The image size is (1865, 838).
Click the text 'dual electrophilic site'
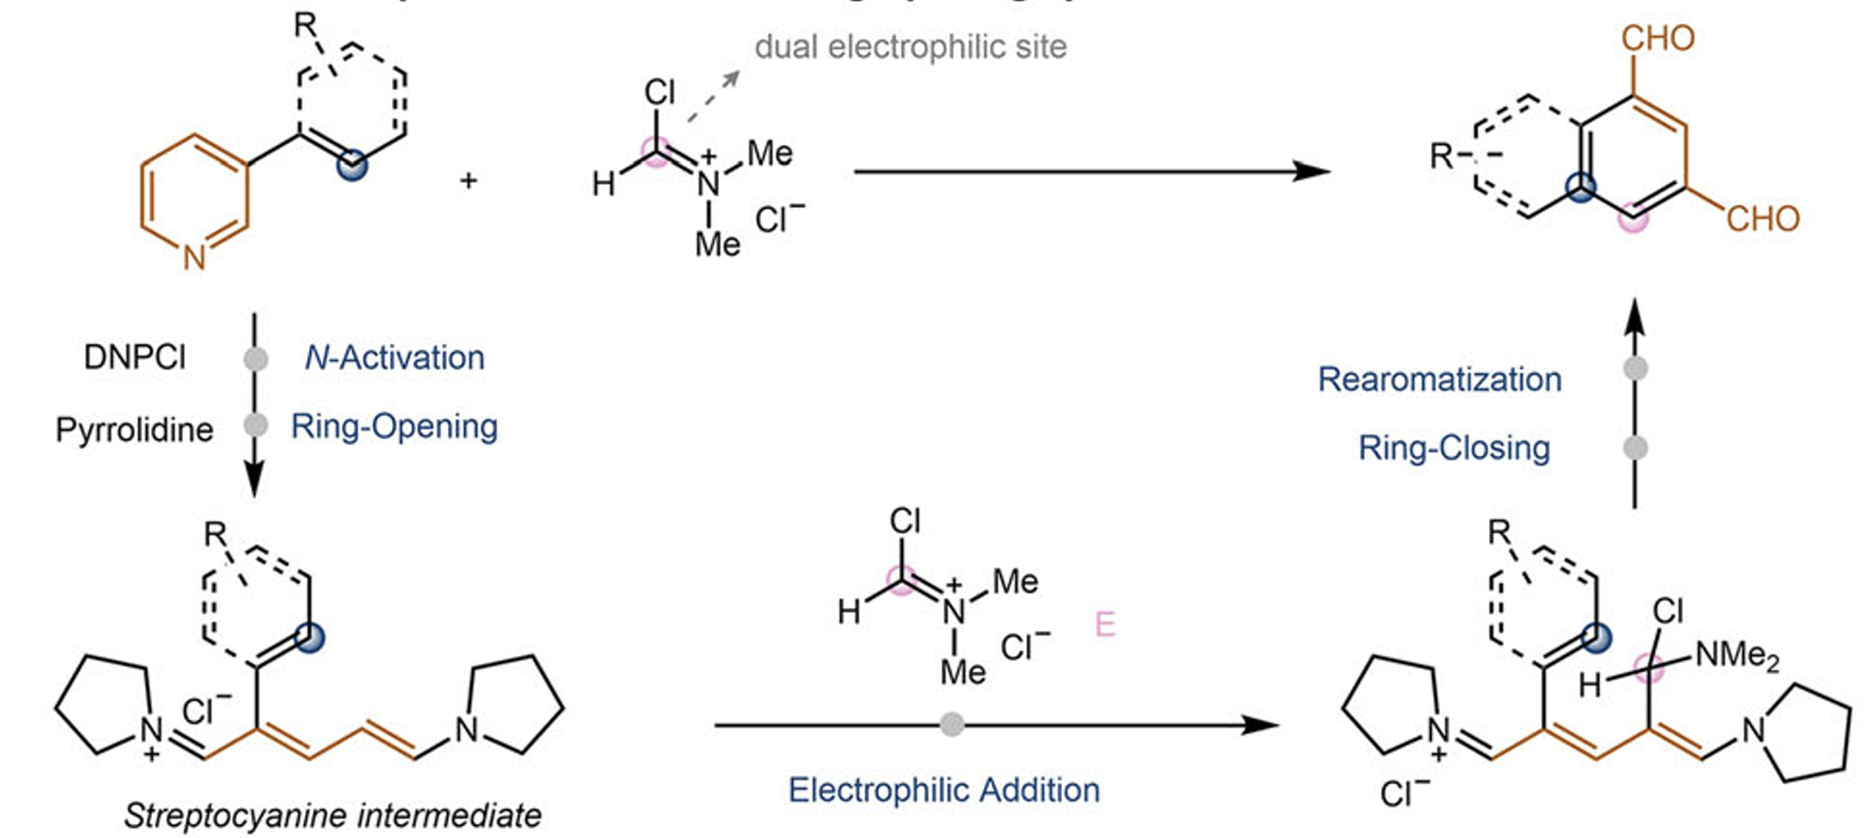click(910, 47)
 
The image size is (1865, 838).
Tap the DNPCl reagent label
click(135, 357)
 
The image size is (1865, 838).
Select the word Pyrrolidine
click(135, 430)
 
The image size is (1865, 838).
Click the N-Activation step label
click(395, 358)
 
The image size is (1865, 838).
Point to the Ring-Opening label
click(395, 427)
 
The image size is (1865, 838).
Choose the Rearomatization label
click(1439, 379)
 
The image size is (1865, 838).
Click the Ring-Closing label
click(1454, 448)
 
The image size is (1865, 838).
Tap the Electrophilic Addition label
click(944, 789)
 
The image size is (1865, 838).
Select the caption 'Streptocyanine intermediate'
click(333, 815)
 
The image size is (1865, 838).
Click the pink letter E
click(1105, 625)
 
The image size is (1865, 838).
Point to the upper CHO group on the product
click(1658, 38)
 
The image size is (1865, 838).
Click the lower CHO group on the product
click(1762, 219)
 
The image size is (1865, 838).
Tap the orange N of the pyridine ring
click(195, 258)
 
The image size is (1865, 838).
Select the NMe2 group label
click(1736, 656)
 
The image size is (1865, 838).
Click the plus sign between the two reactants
click(468, 181)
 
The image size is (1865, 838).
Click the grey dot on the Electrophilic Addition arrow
click(952, 725)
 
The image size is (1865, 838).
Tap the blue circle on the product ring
click(1581, 187)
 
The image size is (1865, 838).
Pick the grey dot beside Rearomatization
click(1636, 369)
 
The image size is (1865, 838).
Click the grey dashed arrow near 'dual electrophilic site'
click(713, 97)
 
